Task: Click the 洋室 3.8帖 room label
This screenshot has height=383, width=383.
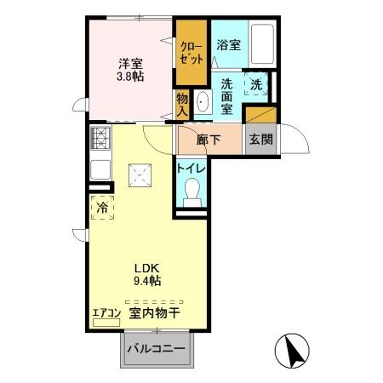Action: tap(131, 67)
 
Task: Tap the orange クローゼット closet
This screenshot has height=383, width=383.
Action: tap(192, 54)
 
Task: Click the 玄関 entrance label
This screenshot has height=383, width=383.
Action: tap(261, 140)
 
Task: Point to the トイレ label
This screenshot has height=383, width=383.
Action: tap(191, 167)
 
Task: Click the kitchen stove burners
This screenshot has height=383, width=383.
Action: tap(100, 139)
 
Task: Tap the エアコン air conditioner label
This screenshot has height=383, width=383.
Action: tap(106, 312)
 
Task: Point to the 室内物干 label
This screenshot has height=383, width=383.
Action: tap(155, 313)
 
